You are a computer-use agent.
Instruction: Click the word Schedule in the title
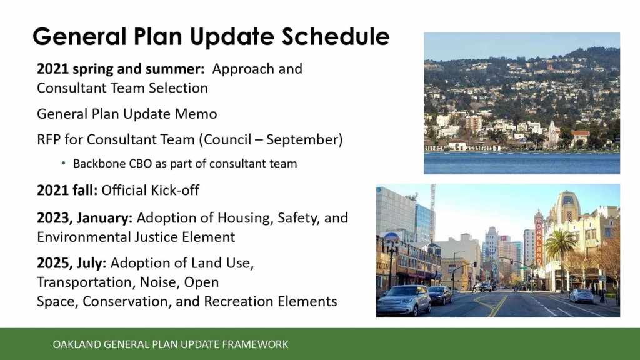pos(336,36)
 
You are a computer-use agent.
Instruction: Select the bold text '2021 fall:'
pos(67,190)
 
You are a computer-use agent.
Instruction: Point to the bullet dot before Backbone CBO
pos(63,163)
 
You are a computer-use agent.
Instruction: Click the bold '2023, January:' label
pos(85,218)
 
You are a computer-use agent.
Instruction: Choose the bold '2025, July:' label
pos(71,263)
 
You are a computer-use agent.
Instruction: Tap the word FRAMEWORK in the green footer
pos(255,344)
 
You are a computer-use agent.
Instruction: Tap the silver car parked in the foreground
pos(403,301)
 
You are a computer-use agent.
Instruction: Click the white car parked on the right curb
pos(582,296)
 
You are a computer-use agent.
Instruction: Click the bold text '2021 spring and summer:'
pos(121,69)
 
